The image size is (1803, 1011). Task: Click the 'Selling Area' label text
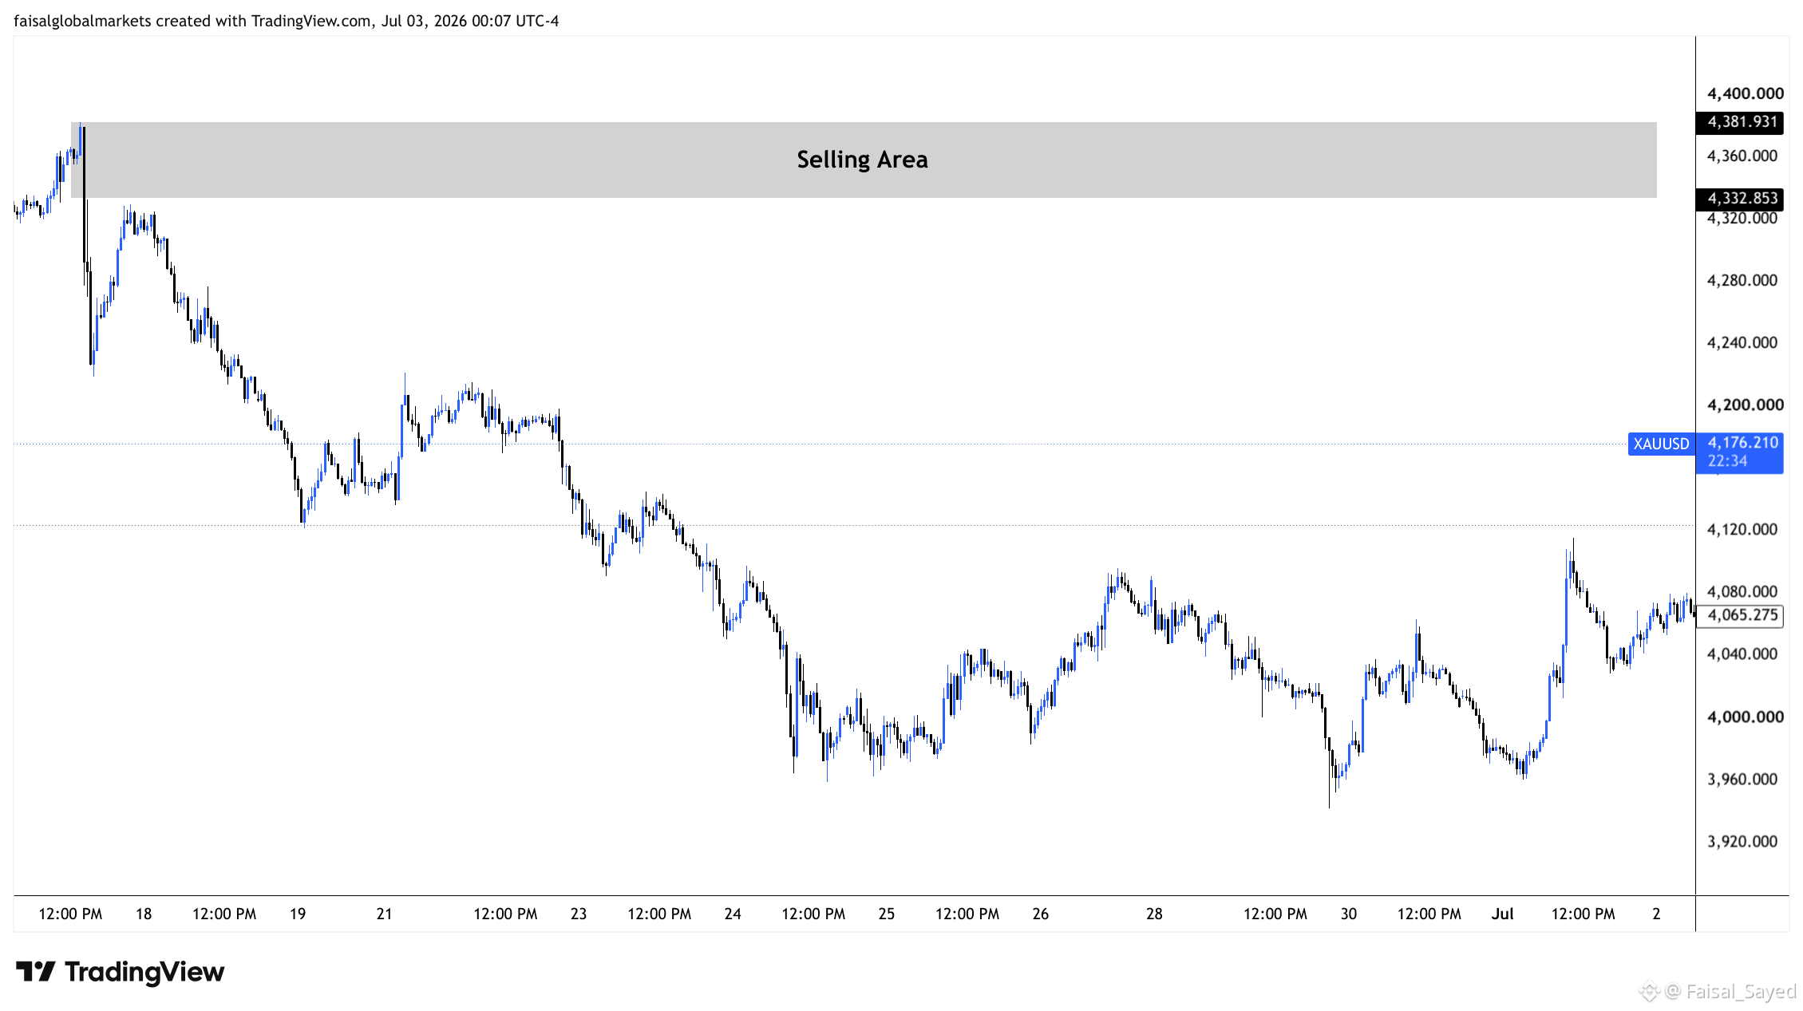coord(862,160)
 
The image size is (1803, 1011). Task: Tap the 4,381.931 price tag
coord(1740,122)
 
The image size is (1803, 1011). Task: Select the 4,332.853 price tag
coord(1740,199)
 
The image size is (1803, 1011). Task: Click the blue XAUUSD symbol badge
coord(1661,444)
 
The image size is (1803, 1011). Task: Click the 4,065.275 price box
coord(1740,615)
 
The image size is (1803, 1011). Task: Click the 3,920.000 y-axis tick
coord(1742,842)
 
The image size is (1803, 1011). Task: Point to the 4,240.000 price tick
coord(1742,343)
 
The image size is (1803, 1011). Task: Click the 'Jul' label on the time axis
coord(1502,914)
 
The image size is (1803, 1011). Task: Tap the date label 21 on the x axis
coord(384,914)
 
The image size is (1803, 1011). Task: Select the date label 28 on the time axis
coord(1154,914)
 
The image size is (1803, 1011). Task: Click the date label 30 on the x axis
coord(1348,914)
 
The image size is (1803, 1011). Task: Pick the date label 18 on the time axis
coord(144,914)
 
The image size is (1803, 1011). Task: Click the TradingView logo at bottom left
coord(121,972)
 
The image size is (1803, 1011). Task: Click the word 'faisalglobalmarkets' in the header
coord(82,21)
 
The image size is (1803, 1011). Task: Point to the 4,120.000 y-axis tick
coord(1742,530)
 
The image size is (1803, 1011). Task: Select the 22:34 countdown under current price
coord(1727,461)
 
